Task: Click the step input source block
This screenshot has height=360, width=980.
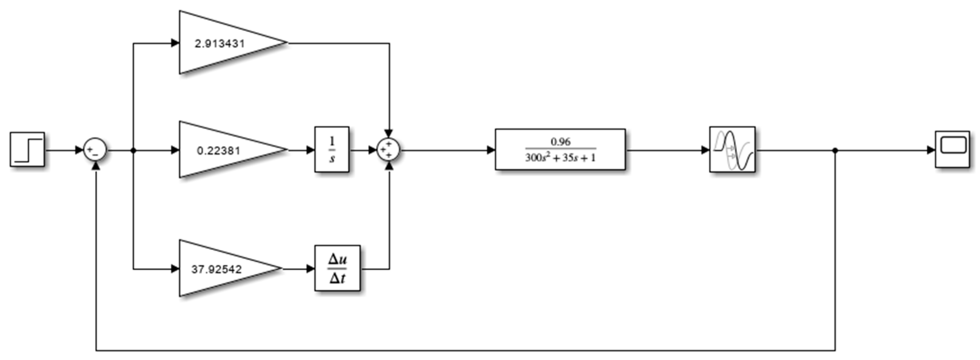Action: click(x=27, y=150)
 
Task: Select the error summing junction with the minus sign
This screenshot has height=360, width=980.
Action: click(x=95, y=150)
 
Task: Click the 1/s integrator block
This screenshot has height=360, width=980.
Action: click(x=332, y=150)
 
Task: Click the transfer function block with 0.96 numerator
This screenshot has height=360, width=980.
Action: click(x=560, y=150)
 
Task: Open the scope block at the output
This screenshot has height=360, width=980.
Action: click(x=952, y=150)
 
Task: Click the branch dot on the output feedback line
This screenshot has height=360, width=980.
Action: click(x=835, y=150)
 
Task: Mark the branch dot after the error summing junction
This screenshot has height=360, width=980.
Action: click(x=133, y=150)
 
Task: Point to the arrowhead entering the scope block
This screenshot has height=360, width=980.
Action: click(x=931, y=150)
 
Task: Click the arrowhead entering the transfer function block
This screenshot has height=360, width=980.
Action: click(x=491, y=150)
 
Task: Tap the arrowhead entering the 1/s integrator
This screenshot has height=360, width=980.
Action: click(x=310, y=150)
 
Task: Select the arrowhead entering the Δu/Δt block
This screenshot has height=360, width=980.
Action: click(x=310, y=269)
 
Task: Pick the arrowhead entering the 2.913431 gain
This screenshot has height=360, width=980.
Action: click(x=175, y=43)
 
